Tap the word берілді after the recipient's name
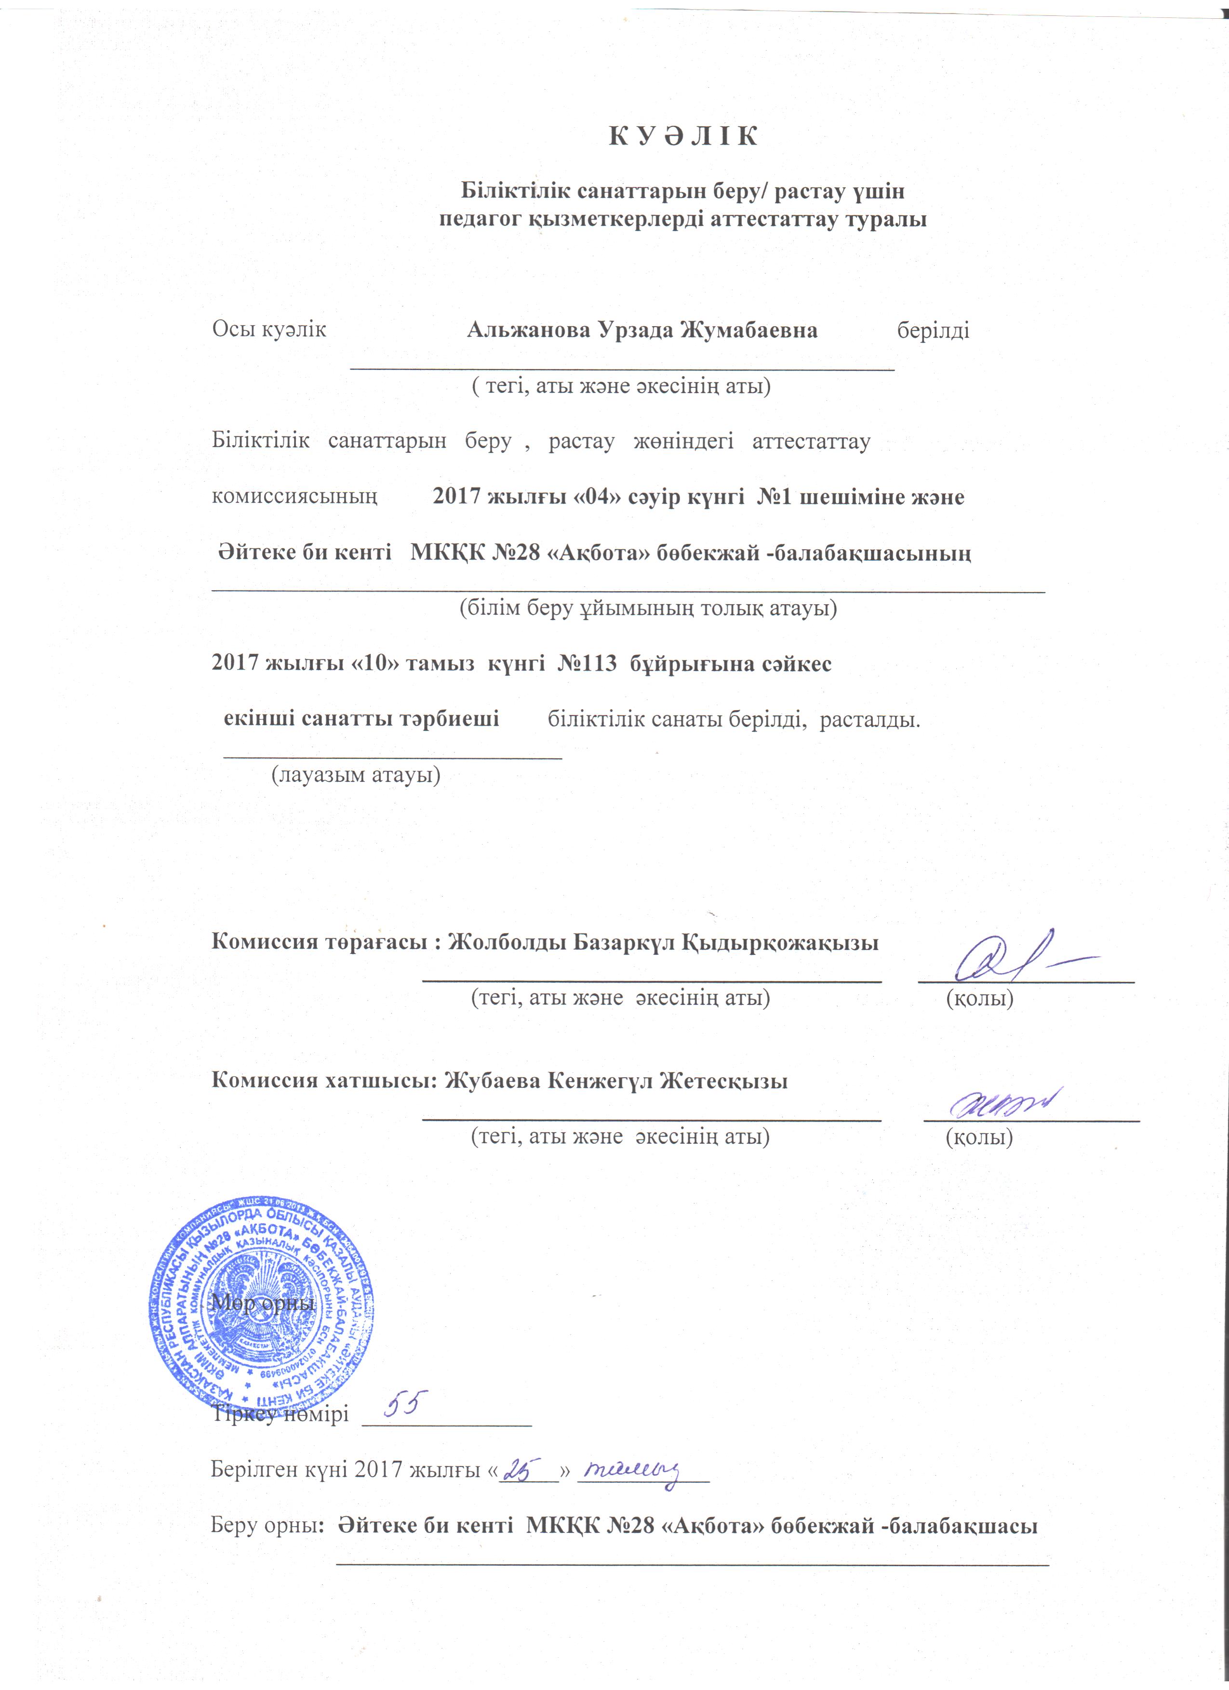933,330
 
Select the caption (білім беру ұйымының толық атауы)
647,608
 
